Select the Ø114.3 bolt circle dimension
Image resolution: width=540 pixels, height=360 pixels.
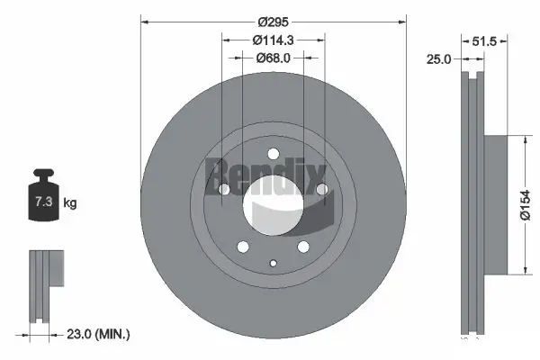[274, 40]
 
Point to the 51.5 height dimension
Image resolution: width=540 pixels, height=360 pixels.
[486, 40]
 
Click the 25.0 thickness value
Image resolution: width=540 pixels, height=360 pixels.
[440, 59]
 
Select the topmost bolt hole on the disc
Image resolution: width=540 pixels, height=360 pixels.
[274, 153]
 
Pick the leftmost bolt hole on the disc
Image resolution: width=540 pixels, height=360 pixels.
[224, 189]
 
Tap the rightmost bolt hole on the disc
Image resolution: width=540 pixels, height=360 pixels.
[322, 189]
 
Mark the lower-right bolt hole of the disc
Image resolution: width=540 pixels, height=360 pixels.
[304, 246]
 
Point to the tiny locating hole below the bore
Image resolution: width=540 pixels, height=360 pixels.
[274, 263]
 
